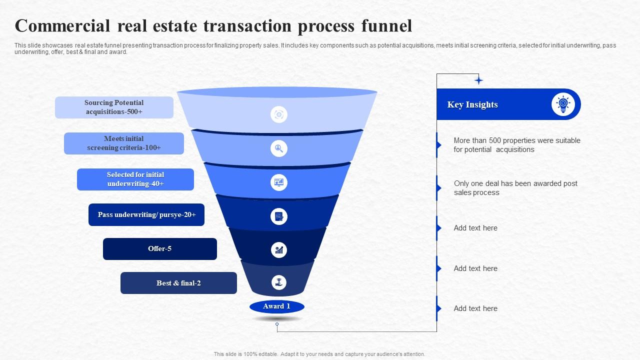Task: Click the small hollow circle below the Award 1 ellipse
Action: tap(277, 324)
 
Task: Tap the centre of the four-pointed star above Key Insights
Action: tap(478, 80)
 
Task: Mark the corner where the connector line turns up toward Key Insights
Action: tap(436, 331)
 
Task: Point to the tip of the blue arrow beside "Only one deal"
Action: tap(441, 188)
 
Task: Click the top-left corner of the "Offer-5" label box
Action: tap(103, 238)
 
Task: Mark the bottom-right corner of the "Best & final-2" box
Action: tap(237, 293)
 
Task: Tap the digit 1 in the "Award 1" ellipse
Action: tap(288, 306)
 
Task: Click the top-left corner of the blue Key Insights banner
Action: tap(437, 89)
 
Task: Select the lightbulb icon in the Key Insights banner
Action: tap(563, 104)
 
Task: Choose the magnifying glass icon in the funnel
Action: tap(279, 148)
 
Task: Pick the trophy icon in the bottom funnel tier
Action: tap(279, 282)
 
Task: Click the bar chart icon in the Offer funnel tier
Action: tap(279, 250)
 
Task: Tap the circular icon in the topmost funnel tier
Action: tap(279, 114)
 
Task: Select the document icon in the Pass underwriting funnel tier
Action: tap(279, 216)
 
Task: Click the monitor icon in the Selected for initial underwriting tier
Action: tap(279, 182)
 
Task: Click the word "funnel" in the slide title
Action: tap(386, 25)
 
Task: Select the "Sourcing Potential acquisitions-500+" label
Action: tap(114, 107)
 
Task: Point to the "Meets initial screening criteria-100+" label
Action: tap(123, 143)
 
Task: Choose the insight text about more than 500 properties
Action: tap(517, 145)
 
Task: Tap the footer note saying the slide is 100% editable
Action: tap(319, 354)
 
